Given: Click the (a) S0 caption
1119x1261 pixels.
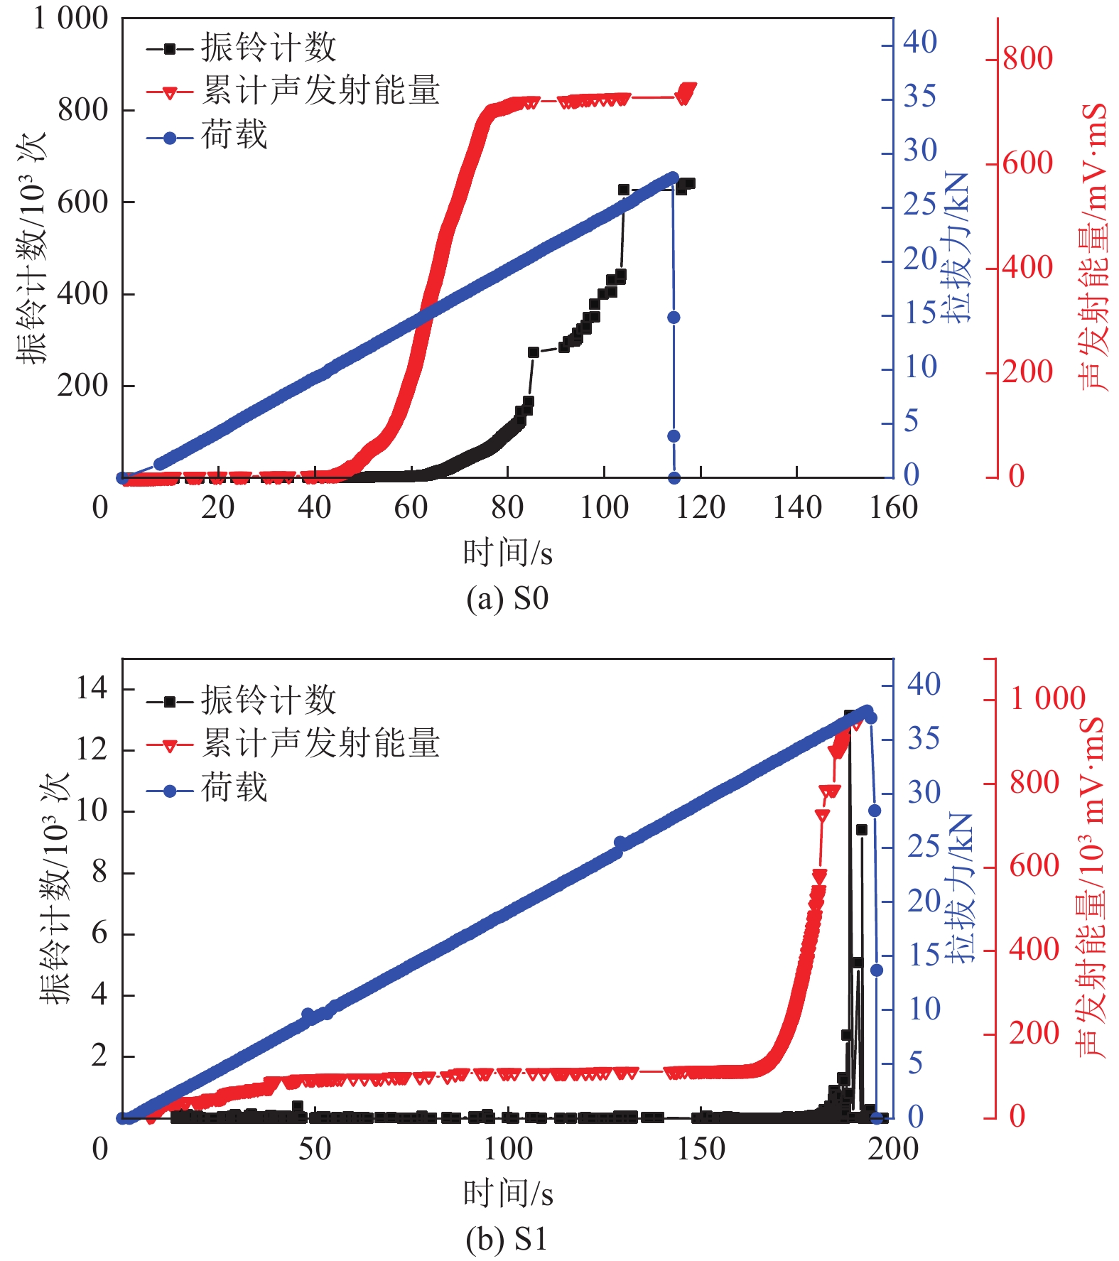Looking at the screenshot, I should click(507, 598).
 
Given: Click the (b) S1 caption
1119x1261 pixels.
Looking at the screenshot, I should click(507, 1239).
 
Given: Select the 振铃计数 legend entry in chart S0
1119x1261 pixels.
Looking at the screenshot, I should click(268, 48).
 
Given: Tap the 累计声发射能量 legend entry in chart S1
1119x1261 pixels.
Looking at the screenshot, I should click(320, 744).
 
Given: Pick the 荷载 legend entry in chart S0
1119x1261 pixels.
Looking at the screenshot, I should click(234, 135).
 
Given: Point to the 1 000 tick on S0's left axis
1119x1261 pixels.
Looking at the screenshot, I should click(71, 18).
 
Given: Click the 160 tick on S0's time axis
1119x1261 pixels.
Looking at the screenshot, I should click(893, 508).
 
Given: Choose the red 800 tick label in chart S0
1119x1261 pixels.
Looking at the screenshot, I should click(1027, 58).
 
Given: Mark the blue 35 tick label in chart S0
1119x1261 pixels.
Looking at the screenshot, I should click(920, 97).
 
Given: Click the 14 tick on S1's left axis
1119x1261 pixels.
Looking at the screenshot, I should click(91, 688).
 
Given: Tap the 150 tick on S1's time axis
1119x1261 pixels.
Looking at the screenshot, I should click(701, 1149).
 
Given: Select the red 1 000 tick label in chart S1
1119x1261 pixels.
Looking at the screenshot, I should click(1047, 698).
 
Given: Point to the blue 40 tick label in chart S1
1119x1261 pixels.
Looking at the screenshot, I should click(924, 684).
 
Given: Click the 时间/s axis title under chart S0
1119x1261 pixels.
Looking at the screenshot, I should click(507, 553).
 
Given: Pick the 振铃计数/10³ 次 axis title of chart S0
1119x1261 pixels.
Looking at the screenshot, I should click(32, 249).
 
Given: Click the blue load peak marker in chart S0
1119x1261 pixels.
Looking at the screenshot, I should click(673, 177).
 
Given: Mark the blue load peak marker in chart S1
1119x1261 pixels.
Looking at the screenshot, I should click(867, 710).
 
